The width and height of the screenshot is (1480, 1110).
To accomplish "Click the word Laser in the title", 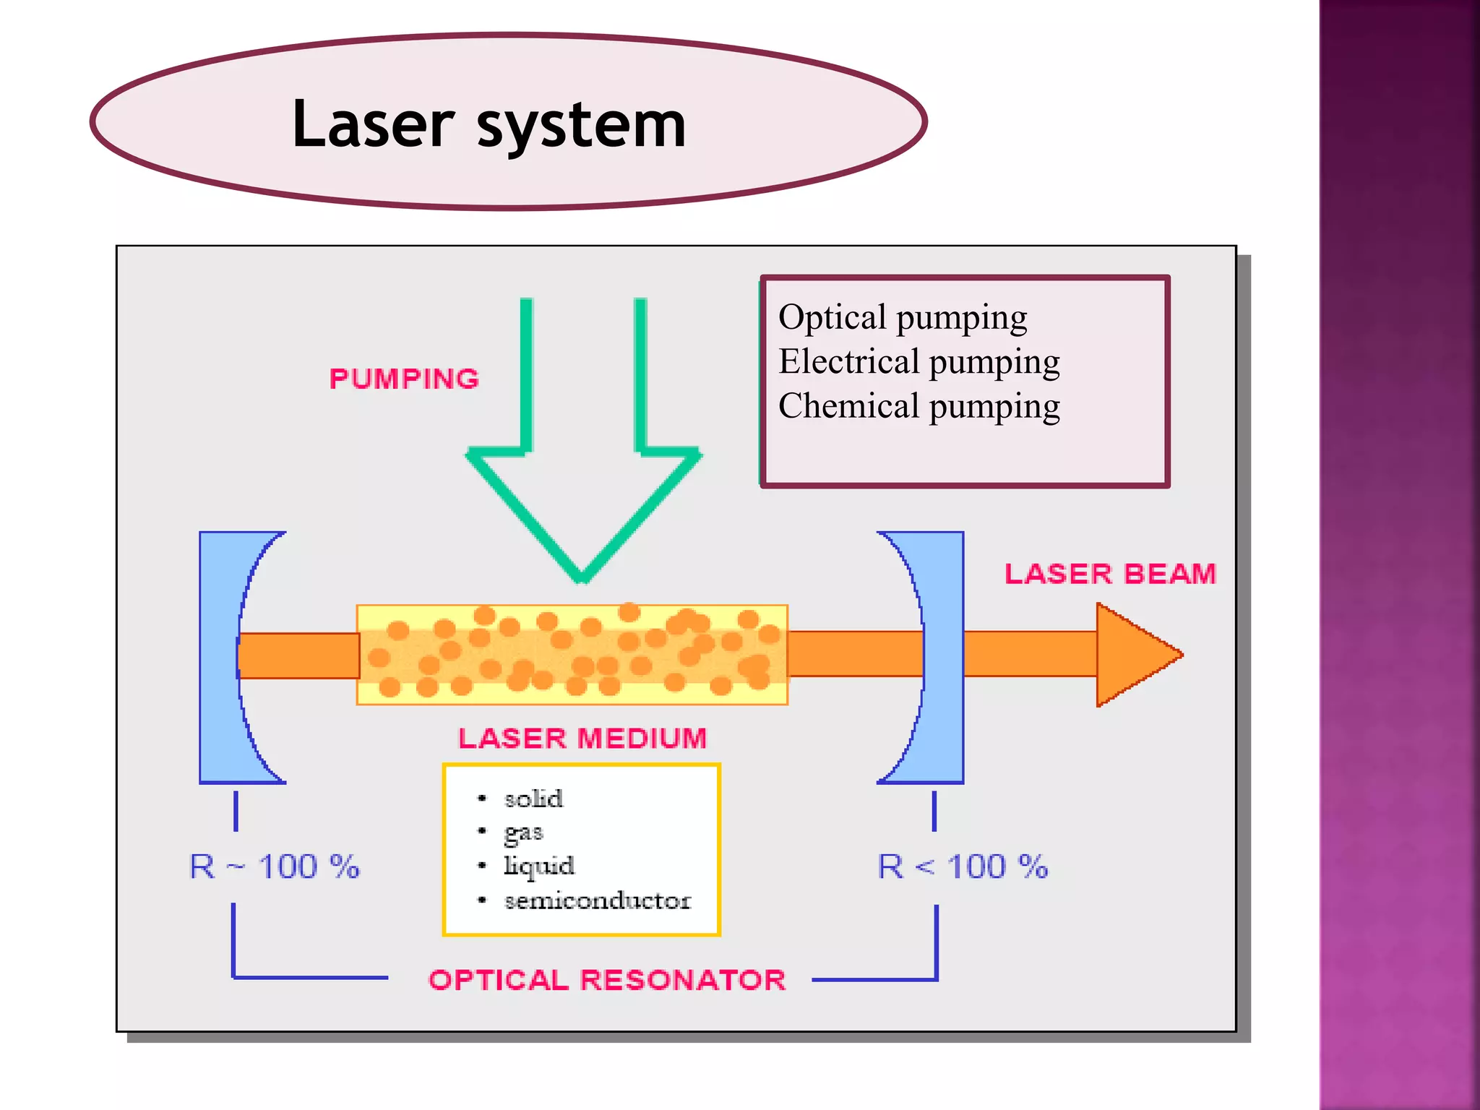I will pos(373,124).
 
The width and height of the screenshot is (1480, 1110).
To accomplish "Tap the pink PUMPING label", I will pos(404,379).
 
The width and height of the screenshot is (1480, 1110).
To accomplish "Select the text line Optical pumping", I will pos(903,318).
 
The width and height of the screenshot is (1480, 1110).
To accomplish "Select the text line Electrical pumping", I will pos(918,362).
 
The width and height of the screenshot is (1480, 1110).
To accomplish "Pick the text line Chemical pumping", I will pos(918,406).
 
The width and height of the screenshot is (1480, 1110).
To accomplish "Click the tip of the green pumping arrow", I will pos(582,577).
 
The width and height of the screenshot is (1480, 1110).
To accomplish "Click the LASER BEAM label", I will pos(1110,574).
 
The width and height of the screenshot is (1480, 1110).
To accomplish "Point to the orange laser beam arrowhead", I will pos(1135,655).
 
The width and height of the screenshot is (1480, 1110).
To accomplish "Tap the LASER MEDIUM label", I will pos(582,738).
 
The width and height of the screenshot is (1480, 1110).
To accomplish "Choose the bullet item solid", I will pos(533,799).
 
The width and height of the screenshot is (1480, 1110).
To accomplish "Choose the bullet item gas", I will pos(523,832).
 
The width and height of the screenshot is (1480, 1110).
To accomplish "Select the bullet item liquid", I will pos(538,866).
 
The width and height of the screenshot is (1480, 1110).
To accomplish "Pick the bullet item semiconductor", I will pos(597,900).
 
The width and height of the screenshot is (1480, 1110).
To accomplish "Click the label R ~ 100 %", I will pos(274,866).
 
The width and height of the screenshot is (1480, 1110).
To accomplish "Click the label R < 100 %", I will pos(962,866).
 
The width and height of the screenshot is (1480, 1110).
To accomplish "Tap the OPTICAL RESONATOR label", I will pos(606,980).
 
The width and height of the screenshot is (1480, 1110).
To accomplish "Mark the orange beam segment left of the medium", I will pos(299,655).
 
